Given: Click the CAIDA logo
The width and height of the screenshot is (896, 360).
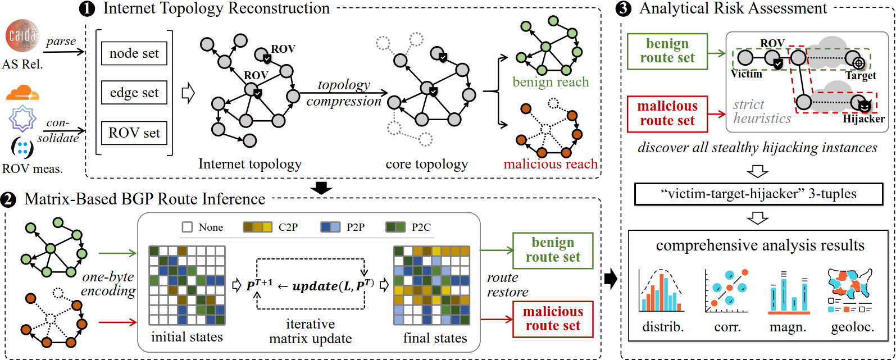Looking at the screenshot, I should [x=22, y=36].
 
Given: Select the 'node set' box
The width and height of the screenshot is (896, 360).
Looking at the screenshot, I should [x=134, y=53].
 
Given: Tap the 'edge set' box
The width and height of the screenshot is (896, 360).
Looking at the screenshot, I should [x=134, y=93].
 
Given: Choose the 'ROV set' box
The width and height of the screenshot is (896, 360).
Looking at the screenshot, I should [x=134, y=133].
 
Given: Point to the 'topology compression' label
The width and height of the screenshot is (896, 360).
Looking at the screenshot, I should [x=344, y=93].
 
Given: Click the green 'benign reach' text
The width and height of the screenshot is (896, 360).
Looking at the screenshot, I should [x=551, y=83].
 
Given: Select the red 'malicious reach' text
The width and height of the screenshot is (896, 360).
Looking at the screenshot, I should [x=551, y=164].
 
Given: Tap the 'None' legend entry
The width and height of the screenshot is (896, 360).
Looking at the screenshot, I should [x=203, y=227].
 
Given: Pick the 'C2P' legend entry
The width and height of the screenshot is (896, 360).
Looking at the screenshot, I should [x=271, y=227].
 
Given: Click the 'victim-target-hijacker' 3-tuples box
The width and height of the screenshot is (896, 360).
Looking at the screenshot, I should [x=758, y=194].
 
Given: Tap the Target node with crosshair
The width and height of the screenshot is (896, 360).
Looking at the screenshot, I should [x=858, y=63].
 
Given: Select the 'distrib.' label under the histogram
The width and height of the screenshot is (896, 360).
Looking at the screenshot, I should [x=663, y=327].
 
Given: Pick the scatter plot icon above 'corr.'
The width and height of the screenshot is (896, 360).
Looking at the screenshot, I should [x=727, y=291].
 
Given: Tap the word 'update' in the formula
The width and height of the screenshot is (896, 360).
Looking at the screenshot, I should [x=315, y=286].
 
